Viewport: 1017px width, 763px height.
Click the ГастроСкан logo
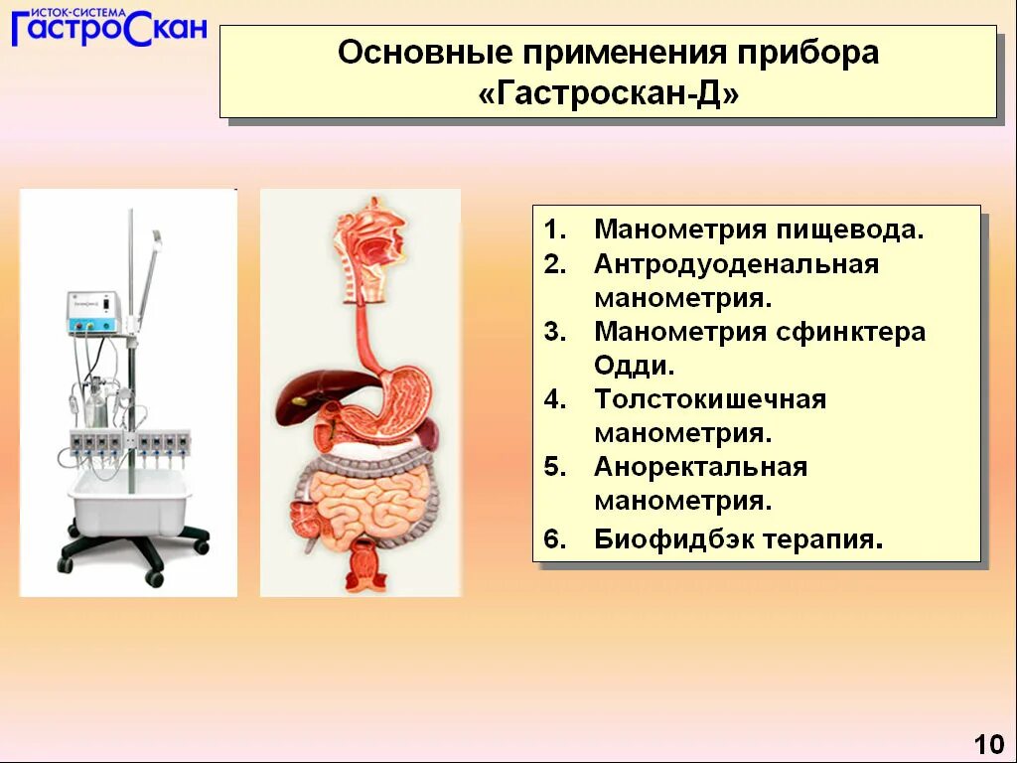(109, 27)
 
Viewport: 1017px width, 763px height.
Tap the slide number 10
(988, 744)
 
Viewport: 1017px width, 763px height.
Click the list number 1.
(554, 229)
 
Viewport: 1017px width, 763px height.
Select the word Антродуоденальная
(736, 264)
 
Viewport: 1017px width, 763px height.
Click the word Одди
(634, 366)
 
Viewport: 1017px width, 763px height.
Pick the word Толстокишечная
(710, 399)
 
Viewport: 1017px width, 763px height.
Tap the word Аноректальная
(700, 467)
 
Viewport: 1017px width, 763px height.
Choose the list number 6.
(554, 539)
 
